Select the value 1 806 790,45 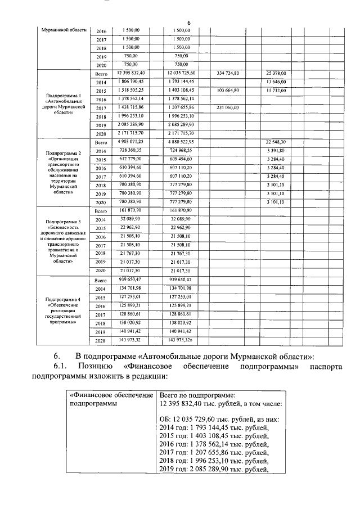pos(130,82)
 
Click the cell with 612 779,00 pos(130,159)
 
